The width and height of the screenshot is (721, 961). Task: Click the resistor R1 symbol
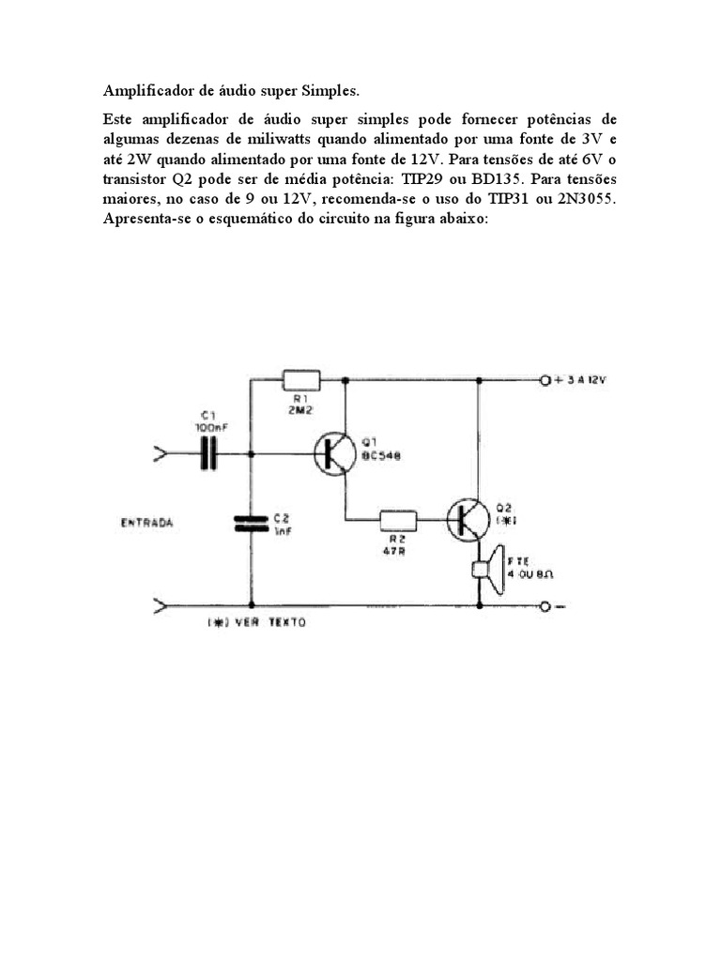coord(300,380)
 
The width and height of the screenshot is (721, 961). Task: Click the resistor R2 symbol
coord(398,518)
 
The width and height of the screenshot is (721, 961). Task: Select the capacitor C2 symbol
coord(251,523)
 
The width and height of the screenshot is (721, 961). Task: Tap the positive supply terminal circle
coord(545,380)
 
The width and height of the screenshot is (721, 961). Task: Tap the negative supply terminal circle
coord(545,606)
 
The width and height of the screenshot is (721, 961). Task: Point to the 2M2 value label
coord(299,410)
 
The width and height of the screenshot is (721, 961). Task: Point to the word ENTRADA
coord(146,522)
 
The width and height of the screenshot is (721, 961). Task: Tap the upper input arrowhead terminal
coord(161,455)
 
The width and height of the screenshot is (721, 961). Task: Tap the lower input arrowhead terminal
coord(161,606)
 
